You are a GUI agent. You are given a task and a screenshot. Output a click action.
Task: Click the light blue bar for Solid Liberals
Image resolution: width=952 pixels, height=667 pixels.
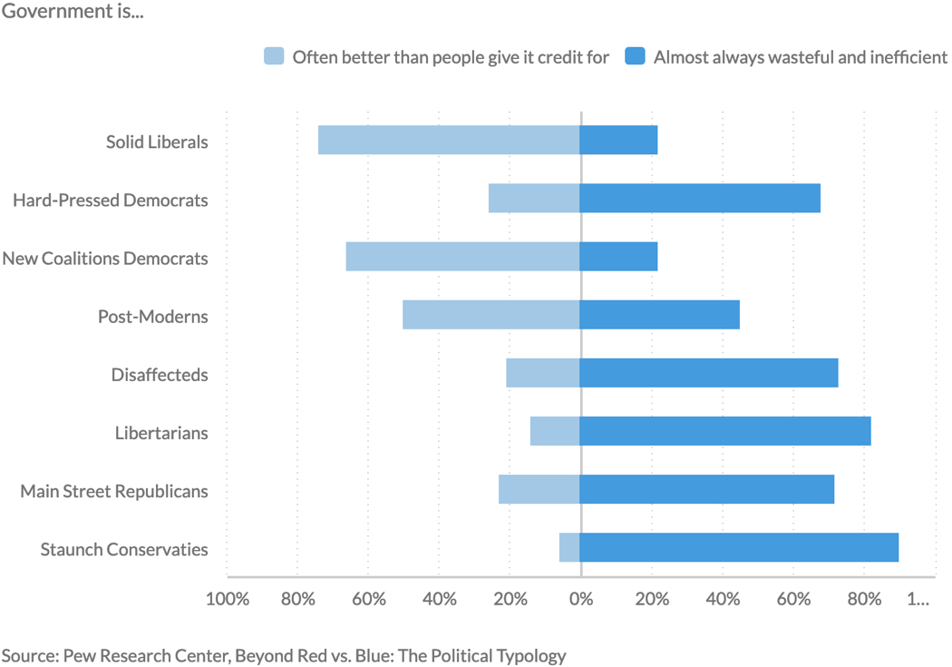pos(449,141)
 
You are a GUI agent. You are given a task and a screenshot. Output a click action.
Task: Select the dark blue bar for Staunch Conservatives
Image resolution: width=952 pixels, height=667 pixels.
pos(739,547)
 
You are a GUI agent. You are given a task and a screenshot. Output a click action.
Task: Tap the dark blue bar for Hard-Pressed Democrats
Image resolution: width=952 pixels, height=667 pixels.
pos(700,199)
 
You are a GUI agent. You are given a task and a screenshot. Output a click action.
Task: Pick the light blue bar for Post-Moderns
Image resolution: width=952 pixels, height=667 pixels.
pos(491,315)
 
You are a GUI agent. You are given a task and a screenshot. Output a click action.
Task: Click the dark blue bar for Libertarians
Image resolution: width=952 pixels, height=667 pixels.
pos(725,431)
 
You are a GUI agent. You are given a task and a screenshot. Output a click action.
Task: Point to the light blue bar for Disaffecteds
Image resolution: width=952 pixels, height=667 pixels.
pos(543,373)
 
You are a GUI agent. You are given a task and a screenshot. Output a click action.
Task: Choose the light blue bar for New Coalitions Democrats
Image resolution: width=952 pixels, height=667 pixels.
pos(462,257)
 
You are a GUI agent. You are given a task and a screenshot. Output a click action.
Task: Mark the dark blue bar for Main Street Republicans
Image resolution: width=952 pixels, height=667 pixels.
pos(707,489)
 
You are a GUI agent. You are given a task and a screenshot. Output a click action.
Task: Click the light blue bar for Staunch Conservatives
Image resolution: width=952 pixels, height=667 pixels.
pos(569,547)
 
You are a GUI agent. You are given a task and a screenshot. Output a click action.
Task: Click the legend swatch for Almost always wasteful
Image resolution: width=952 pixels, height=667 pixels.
pos(636,56)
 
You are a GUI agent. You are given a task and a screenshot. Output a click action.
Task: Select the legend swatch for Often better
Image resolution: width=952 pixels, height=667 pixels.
pos(274,56)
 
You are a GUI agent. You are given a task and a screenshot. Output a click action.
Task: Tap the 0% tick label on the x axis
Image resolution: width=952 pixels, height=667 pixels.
pos(580,599)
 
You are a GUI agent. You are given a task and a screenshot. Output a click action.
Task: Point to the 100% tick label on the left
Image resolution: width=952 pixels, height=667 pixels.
pos(227,599)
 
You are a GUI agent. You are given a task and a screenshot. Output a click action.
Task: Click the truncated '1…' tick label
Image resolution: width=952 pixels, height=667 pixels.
pos(918,599)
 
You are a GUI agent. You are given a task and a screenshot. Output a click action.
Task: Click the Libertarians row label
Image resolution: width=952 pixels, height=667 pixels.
pos(161,433)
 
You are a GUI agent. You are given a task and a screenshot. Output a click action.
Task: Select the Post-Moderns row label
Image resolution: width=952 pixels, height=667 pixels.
pos(153,317)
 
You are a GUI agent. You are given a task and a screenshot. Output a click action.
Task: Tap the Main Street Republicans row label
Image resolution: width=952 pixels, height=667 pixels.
pos(114,491)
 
